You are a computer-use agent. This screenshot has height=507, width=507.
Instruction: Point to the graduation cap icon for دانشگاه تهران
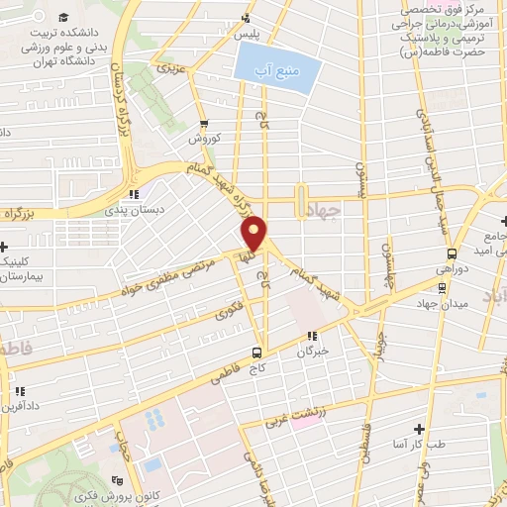[64, 19]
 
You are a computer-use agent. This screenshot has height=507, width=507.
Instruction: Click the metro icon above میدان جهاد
[441, 289]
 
